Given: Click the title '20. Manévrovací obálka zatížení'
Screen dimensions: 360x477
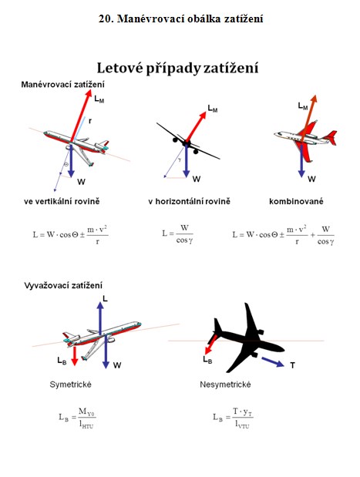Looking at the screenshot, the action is [180, 18].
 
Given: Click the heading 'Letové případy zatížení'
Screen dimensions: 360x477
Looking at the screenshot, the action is [177, 68].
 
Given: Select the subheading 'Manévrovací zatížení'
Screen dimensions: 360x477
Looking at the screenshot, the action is [62, 84].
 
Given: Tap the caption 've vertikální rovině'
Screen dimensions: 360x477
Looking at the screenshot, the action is [62, 201].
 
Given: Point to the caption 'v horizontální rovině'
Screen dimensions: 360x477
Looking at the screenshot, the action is [190, 201].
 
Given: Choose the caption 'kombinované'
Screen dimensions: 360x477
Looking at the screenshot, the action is [296, 201].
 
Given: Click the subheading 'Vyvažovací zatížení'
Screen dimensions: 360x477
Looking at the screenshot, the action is [63, 286].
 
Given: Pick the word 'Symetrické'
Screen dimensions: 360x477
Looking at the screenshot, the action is [70, 385].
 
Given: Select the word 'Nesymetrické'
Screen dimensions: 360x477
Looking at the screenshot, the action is [225, 385].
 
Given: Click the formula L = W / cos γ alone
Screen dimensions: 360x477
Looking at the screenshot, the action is [178, 234].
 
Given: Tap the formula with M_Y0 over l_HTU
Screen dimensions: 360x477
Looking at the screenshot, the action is [77, 418].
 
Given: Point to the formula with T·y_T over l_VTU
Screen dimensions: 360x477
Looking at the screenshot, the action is [233, 418].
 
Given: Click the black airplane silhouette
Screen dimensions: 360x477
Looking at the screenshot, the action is [247, 337].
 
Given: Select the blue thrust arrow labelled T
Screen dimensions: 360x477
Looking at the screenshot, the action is [273, 361].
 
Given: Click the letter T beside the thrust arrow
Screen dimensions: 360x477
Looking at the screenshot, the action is [292, 365].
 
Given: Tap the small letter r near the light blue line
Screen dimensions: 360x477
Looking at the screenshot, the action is [90, 122].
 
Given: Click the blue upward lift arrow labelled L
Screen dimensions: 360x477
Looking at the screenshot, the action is [100, 317].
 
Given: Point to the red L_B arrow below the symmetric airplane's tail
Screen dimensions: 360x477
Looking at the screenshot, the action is [75, 356].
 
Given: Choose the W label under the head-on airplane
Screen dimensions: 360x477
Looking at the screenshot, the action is [197, 179].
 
